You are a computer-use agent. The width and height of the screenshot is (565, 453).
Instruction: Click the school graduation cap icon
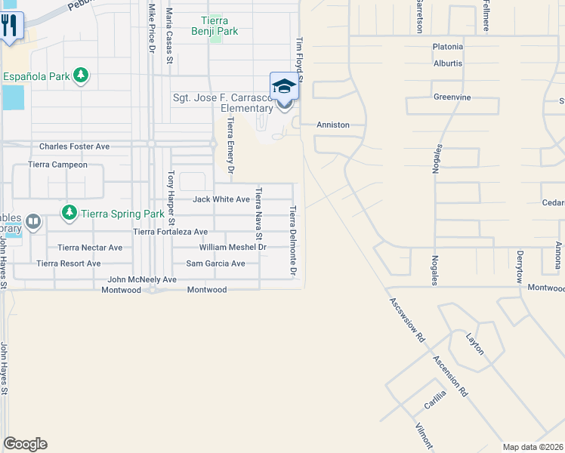click(x=284, y=86)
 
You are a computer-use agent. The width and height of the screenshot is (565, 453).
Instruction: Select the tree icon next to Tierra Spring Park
click(x=69, y=213)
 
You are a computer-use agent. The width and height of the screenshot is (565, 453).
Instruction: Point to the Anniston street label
click(x=332, y=125)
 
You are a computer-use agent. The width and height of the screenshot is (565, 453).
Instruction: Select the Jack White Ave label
click(x=221, y=199)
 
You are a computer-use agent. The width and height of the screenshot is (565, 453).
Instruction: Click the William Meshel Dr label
click(x=233, y=247)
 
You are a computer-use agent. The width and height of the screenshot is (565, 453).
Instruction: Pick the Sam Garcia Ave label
click(x=216, y=263)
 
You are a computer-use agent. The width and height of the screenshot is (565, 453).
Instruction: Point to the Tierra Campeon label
click(x=57, y=164)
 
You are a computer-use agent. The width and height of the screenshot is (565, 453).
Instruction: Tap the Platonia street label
click(x=448, y=47)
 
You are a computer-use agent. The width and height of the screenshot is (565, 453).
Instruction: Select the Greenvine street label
click(x=452, y=97)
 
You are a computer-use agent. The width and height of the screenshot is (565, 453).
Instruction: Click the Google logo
click(x=24, y=444)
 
